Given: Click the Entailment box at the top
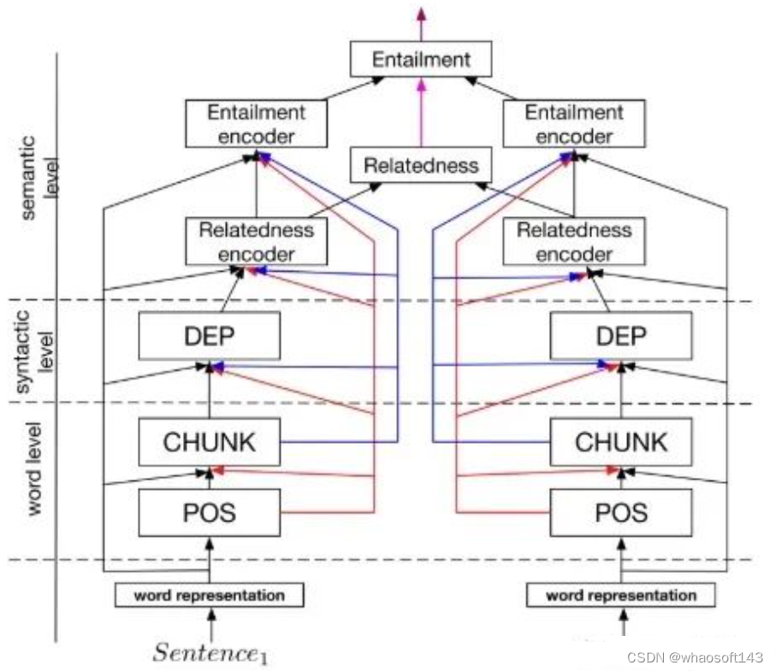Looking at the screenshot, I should (421, 60).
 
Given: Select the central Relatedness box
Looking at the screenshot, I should (421, 165).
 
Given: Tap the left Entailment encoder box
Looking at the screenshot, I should (256, 123).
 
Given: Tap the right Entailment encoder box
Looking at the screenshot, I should (573, 123).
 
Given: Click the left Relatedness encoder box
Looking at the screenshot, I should (256, 241).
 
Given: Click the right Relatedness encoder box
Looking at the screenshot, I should (573, 241).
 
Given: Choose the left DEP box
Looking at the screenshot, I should (210, 335).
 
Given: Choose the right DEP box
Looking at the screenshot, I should (620, 335).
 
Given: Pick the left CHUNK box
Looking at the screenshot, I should (210, 442).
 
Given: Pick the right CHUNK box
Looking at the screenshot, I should (620, 442).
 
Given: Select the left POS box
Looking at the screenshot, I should (210, 512).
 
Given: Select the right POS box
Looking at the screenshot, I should (620, 512).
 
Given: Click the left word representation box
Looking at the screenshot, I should (210, 595).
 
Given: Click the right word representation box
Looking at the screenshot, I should (620, 595).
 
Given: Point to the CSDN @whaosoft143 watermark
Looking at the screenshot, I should (694, 657).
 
